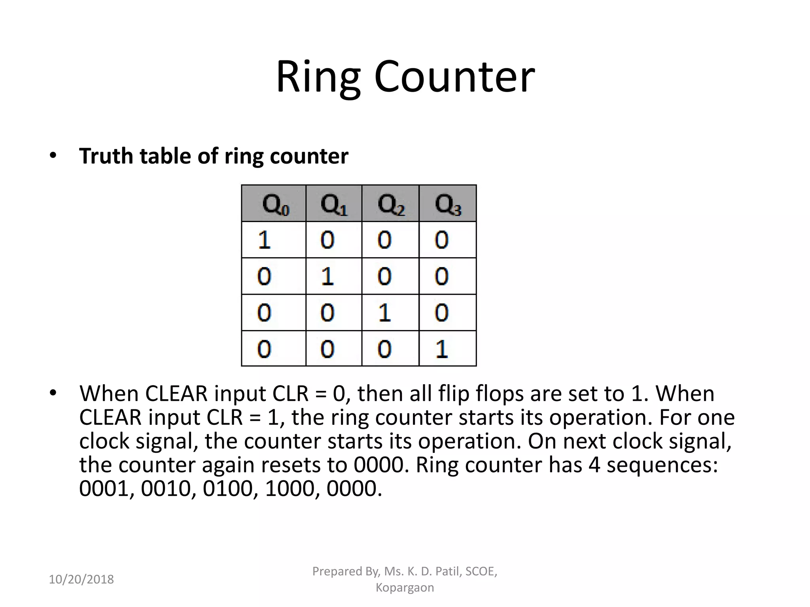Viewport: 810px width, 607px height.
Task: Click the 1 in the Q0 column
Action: pyautogui.click(x=264, y=240)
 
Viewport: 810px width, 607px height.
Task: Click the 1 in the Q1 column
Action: pyautogui.click(x=327, y=276)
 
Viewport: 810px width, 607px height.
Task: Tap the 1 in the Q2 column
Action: pyautogui.click(x=384, y=313)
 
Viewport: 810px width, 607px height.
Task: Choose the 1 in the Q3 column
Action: pyautogui.click(x=441, y=349)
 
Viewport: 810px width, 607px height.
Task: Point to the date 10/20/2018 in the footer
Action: pyautogui.click(x=81, y=579)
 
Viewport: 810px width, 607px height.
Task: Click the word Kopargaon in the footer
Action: pyautogui.click(x=405, y=588)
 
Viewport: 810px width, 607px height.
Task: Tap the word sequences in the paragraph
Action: pyautogui.click(x=662, y=465)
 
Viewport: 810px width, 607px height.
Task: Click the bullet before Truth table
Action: pyautogui.click(x=53, y=156)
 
